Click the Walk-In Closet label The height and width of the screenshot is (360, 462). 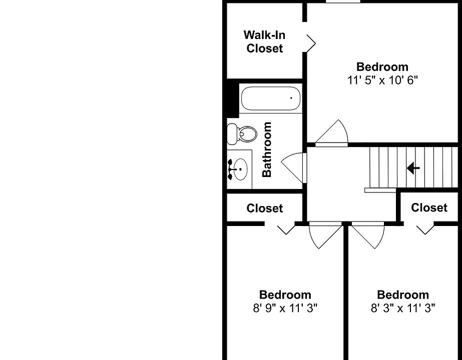tap(264, 41)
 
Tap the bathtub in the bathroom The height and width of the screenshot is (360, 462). tap(271, 98)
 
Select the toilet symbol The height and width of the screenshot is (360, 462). tap(242, 133)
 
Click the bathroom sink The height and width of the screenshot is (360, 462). tap(239, 169)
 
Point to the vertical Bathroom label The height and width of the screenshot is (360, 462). tap(267, 149)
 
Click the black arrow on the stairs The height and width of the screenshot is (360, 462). tap(413, 168)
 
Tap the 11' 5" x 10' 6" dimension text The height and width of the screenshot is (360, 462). tap(382, 80)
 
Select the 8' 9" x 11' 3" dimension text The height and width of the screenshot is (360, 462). tap(285, 308)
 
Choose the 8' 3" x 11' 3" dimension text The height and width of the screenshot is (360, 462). tap(402, 308)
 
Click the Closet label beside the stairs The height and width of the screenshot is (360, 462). tap(429, 207)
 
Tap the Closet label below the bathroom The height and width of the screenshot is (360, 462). tap(264, 208)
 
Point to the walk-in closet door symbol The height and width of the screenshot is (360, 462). tap(310, 43)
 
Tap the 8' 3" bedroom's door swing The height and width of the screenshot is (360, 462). tap(368, 235)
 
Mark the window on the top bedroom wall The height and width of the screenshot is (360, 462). tap(342, 1)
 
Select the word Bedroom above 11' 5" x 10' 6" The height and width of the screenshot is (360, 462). tap(382, 66)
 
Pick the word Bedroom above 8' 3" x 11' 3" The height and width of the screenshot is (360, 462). tap(402, 295)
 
